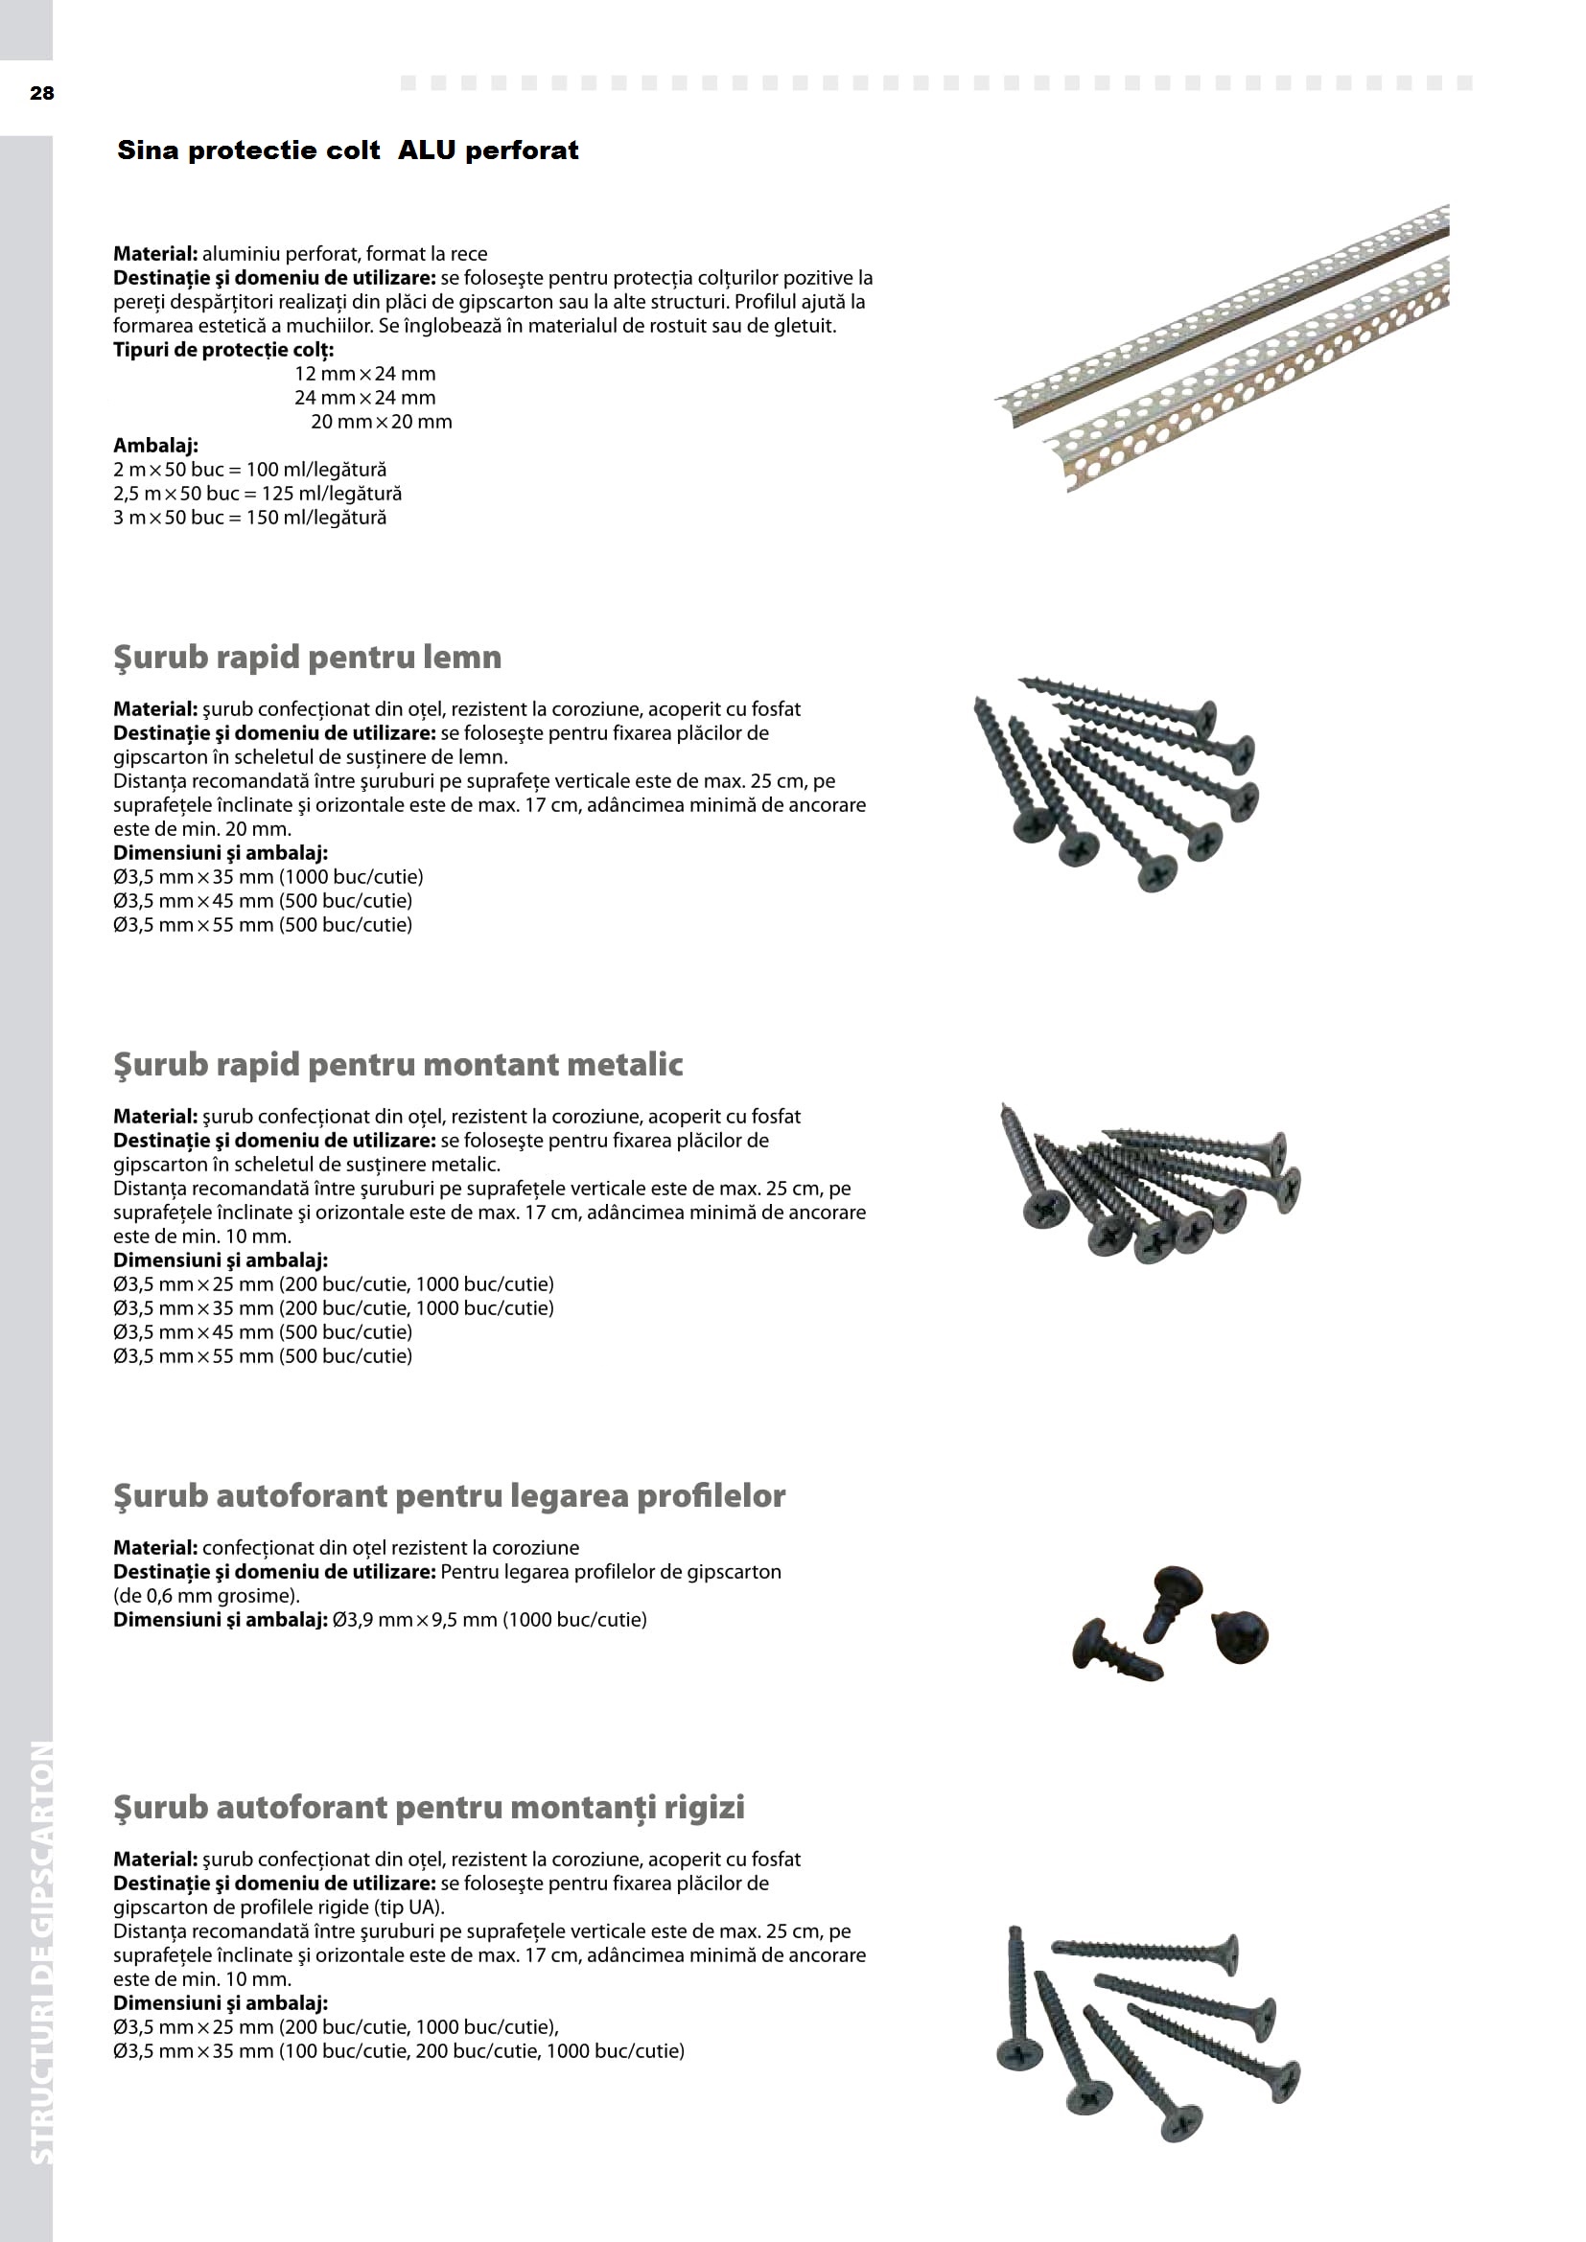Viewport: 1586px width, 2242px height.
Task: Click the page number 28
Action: click(42, 94)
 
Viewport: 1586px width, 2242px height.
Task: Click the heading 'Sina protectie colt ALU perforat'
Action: click(348, 150)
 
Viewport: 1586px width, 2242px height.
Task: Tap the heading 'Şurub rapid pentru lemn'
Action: click(308, 658)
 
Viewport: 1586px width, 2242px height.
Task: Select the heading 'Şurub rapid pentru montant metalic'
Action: click(398, 1064)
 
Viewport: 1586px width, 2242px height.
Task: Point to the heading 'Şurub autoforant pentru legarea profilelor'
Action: click(449, 1496)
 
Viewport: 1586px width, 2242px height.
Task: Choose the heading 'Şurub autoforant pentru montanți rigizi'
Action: click(429, 1808)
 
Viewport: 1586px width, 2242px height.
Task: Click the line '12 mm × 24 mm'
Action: click(365, 374)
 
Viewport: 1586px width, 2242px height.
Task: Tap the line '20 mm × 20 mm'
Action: click(381, 422)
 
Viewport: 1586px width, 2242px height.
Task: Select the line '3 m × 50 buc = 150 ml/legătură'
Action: click(250, 518)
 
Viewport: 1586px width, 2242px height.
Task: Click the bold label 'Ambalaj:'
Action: click(156, 447)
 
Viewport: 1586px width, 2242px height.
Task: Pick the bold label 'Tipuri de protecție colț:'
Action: click(223, 350)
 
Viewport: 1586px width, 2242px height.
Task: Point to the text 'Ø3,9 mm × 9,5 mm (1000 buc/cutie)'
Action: click(489, 1620)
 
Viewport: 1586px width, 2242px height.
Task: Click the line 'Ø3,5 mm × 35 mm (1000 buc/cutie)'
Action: click(268, 877)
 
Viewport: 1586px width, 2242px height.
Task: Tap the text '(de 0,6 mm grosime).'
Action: click(206, 1596)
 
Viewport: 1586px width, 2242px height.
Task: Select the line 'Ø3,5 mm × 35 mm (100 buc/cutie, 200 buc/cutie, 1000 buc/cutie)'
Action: click(399, 2050)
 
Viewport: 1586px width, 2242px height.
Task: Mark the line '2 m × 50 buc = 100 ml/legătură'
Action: click(250, 470)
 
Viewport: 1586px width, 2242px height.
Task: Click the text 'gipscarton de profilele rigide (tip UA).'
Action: click(278, 1907)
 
